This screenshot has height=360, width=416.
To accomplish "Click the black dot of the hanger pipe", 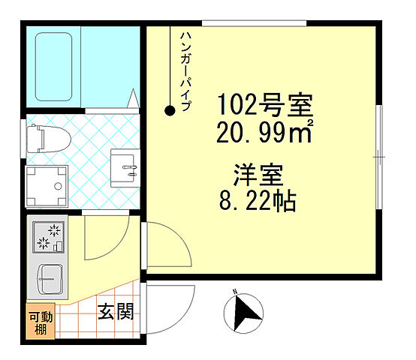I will coord(170,111).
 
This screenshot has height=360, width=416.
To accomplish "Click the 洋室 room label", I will coord(256,176).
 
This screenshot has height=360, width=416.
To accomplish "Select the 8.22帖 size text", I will coord(255,201).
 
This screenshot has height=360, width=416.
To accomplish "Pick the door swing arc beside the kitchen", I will coord(101,238).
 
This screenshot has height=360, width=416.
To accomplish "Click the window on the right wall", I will coord(381,156).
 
